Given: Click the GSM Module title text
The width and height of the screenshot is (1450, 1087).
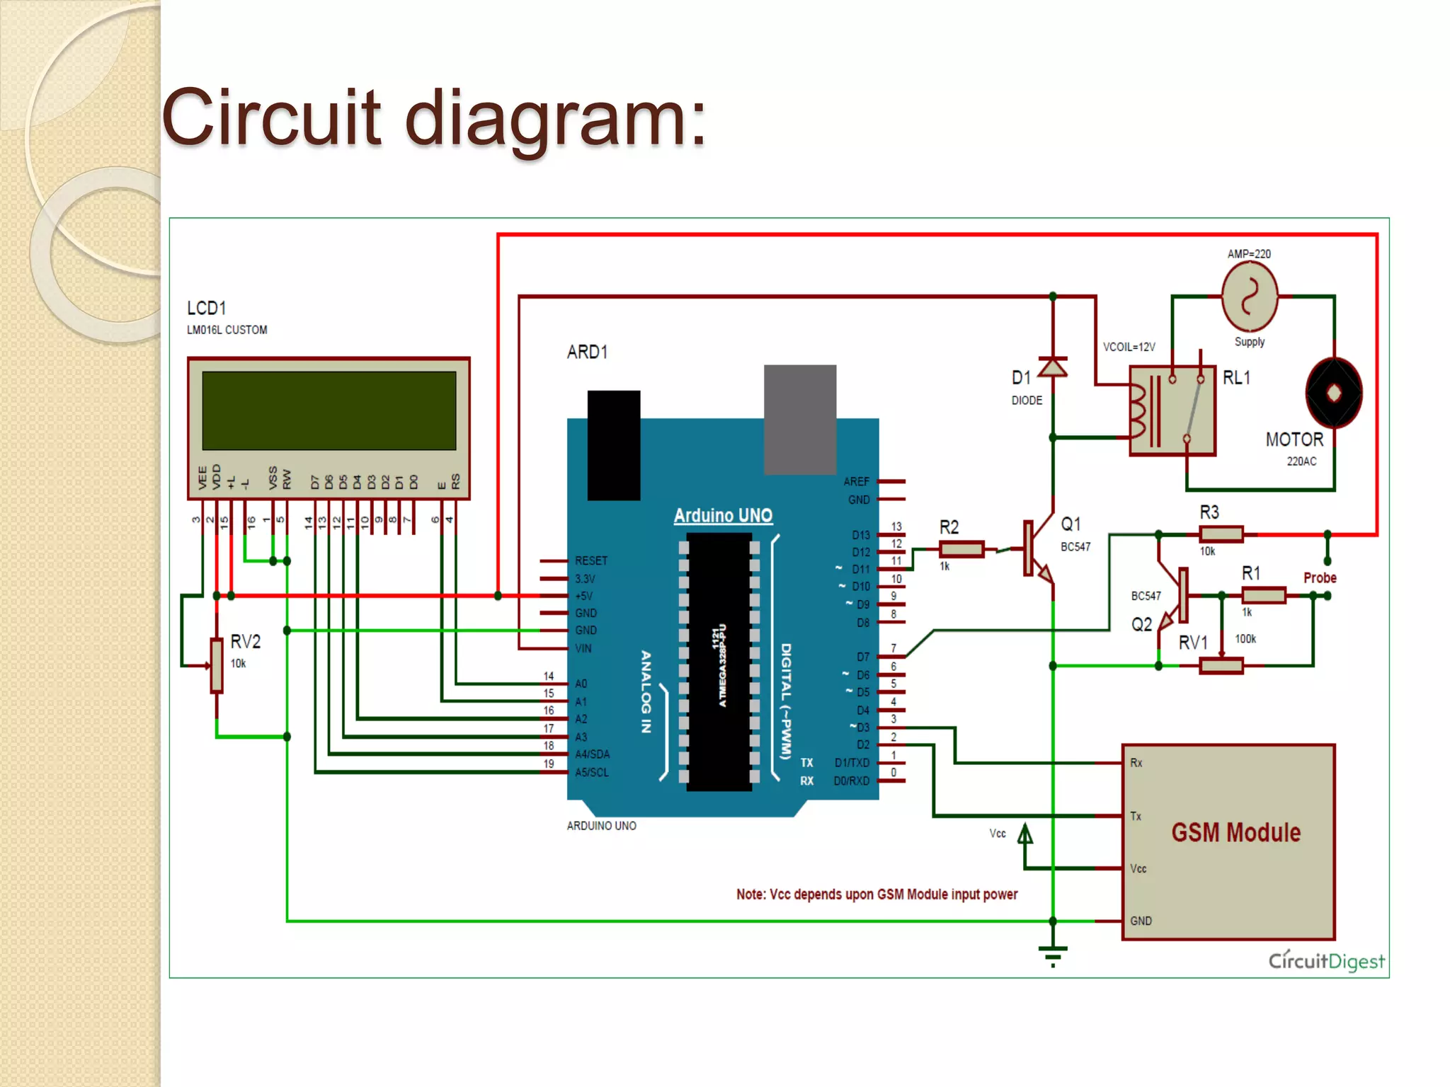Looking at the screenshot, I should [1235, 832].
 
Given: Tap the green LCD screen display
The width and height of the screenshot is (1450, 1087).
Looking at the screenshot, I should [329, 410].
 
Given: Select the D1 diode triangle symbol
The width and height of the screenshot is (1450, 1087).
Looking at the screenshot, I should [1052, 369].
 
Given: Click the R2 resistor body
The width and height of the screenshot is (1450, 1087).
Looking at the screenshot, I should [961, 548].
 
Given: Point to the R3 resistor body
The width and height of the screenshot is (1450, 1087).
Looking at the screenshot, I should [1221, 534].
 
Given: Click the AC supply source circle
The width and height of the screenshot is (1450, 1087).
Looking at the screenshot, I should [1250, 297].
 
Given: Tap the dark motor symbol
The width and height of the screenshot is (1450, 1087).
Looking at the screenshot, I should [1333, 393].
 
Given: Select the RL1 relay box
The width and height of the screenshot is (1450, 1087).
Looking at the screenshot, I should [1172, 410].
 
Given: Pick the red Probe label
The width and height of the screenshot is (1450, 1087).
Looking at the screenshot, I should [1320, 577].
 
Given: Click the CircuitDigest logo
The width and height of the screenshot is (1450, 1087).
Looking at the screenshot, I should [1326, 960].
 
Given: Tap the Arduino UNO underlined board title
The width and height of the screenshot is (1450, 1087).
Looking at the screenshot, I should [722, 515].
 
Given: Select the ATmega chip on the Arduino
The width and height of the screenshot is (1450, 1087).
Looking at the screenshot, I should [719, 662].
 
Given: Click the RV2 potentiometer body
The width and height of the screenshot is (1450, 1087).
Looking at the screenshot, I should [217, 665].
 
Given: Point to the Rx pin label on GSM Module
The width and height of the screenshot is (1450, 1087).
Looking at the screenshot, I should [1136, 762].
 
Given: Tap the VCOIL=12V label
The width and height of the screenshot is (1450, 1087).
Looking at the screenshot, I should [1129, 347].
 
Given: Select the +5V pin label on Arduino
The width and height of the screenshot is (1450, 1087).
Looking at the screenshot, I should [584, 596].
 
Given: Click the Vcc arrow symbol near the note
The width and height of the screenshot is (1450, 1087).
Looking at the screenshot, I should [1024, 836].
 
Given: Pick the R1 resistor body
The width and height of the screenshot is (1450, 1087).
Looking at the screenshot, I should [1263, 595].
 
